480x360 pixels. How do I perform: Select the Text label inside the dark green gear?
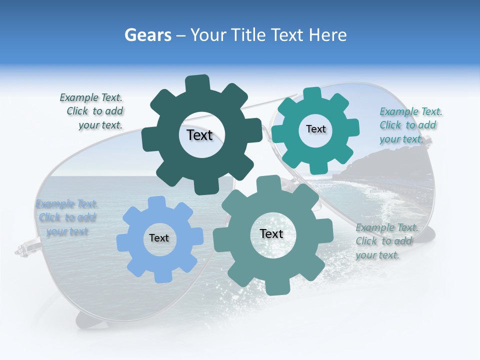click(199, 135)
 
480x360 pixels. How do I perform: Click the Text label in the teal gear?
click(315, 129)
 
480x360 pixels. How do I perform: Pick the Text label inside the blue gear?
click(159, 238)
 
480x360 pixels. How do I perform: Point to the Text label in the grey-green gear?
click(271, 234)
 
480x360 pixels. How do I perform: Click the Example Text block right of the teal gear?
click(409, 125)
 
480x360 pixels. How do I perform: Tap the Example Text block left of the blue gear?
click(67, 217)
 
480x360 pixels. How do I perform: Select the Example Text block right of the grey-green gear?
click(385, 241)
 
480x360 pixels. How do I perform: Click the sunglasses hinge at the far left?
click(22, 247)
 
